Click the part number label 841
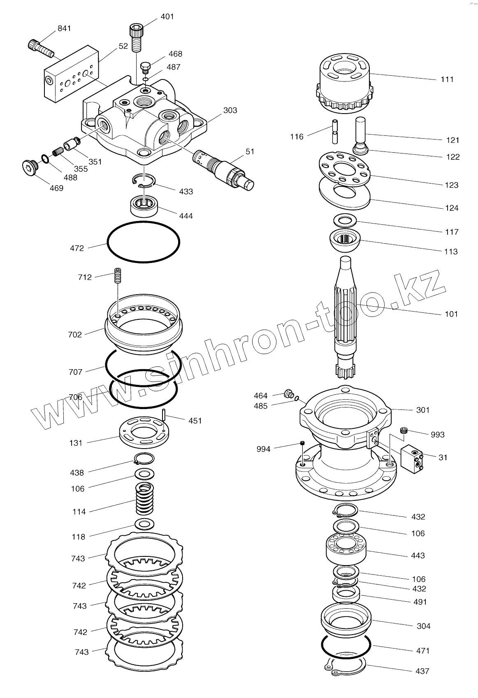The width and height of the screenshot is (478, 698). tap(64, 28)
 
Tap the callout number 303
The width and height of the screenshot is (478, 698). tap(230, 110)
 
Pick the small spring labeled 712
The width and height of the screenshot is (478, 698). tap(118, 275)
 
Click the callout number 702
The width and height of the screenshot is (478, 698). tap(75, 335)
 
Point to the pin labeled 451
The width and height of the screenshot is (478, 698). tap(164, 415)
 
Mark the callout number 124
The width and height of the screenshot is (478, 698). tap(452, 208)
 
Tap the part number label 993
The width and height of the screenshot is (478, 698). tap(438, 435)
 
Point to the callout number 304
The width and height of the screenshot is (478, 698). tap(423, 626)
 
